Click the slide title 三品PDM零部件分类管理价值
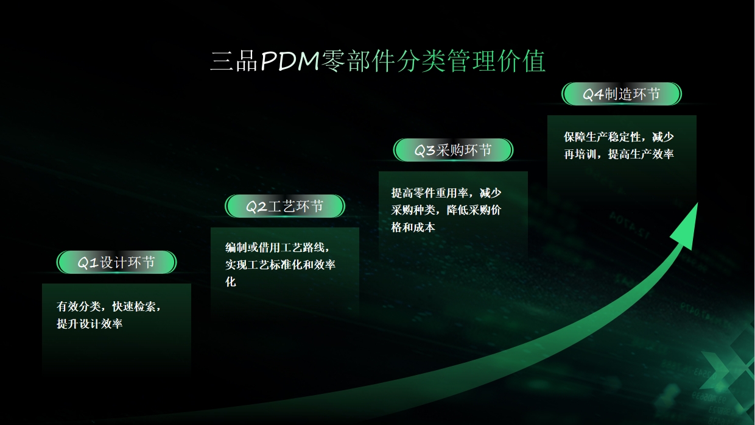coord(377,62)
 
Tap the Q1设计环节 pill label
coord(116,262)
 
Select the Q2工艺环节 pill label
coord(285,206)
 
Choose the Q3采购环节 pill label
coord(453,150)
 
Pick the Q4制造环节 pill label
coord(622,94)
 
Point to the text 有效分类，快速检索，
coord(109,307)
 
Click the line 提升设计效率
coord(90,324)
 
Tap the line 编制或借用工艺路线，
coord(278,248)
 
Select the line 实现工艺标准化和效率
coord(280,265)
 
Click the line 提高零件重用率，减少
coord(446,193)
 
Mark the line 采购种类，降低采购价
coord(446,210)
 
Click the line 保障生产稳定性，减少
coord(619,137)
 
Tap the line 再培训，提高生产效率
coord(619,154)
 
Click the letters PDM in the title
coord(290,62)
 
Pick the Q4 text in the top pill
coord(593,94)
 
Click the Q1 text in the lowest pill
coord(88,263)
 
